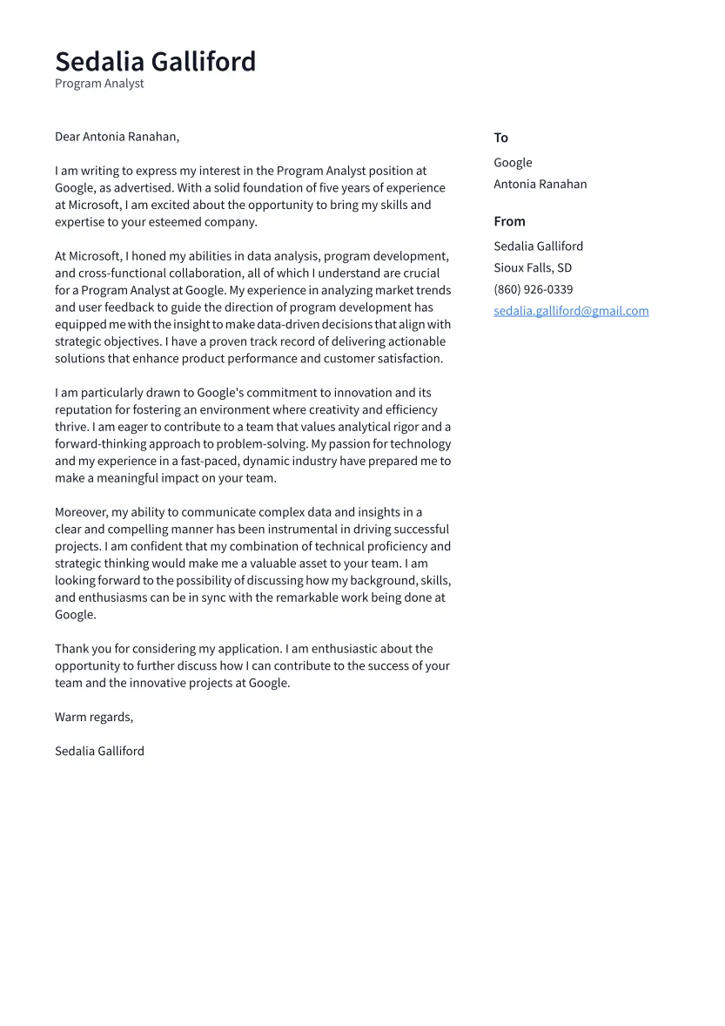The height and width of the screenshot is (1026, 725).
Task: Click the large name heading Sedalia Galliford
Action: point(155,62)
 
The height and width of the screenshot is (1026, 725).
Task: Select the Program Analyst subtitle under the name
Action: point(99,84)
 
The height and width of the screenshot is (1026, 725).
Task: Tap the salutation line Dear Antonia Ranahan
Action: point(117,137)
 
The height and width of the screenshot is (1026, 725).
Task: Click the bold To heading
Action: point(500,138)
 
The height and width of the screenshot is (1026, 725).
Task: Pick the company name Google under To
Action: point(513,163)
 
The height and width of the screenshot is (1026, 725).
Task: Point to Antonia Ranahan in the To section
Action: point(540,184)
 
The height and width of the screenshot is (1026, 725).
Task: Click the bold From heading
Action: point(509,221)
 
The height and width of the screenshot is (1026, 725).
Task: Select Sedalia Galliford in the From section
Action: point(538,246)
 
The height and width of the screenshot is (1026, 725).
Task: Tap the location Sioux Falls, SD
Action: point(533,268)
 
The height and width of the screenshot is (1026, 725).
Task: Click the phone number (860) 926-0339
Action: point(533,289)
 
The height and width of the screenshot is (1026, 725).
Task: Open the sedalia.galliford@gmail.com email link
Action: point(571,311)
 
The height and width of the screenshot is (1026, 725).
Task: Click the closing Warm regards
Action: point(94,717)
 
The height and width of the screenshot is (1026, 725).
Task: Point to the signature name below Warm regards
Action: point(99,751)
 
